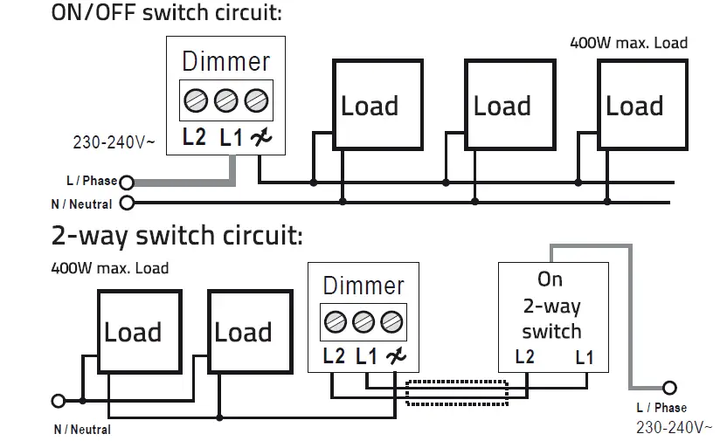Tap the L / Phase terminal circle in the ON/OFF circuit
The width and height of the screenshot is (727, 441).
point(127,183)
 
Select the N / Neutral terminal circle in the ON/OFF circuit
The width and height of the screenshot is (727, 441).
point(127,204)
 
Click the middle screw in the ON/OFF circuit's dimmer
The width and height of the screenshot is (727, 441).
point(226,100)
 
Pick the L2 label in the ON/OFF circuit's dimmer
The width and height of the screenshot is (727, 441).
point(194,137)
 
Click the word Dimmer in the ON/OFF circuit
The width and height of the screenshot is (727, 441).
point(225,62)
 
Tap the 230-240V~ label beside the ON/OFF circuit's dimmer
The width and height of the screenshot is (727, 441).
point(114,141)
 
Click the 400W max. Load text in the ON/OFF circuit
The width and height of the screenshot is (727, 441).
point(628,43)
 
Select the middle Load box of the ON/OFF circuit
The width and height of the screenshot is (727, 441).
point(502,106)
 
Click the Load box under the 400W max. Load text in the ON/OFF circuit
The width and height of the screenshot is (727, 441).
point(634,106)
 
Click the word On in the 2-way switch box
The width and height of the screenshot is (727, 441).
point(550,279)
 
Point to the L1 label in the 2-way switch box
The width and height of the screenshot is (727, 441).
point(585,357)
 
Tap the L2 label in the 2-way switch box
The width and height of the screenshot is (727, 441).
point(525,357)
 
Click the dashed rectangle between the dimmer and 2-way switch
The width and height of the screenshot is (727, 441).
point(457,392)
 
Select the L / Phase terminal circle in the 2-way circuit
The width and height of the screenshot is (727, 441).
point(670,388)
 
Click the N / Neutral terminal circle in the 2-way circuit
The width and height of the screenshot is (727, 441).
point(59,401)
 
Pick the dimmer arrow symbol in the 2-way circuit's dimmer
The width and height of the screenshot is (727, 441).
point(396,356)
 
